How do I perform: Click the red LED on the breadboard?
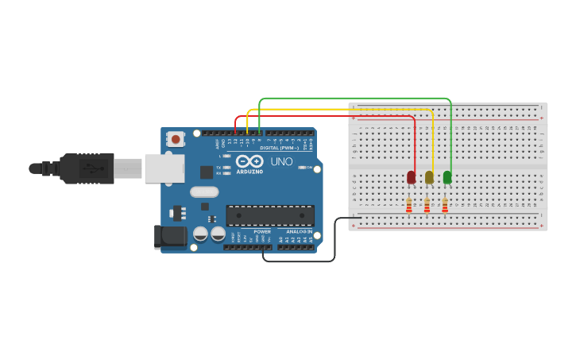[x=411, y=177]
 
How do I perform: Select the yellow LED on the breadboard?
[x=429, y=177]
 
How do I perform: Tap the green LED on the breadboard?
[x=447, y=176]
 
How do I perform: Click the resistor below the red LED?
[x=409, y=206]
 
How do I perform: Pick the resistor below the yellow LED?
[x=427, y=206]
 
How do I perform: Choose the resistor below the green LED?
[x=445, y=206]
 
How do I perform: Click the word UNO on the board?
[x=282, y=161]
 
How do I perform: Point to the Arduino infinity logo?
[x=249, y=161]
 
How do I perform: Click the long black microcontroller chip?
[x=270, y=215]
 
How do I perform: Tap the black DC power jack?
[x=170, y=236]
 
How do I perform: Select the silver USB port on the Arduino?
[x=164, y=168]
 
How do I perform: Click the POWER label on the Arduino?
[x=262, y=231]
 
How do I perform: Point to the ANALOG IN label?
[x=299, y=231]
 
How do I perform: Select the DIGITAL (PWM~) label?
[x=279, y=148]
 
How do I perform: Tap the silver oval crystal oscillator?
[x=204, y=192]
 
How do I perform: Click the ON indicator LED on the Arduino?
[x=303, y=167]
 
